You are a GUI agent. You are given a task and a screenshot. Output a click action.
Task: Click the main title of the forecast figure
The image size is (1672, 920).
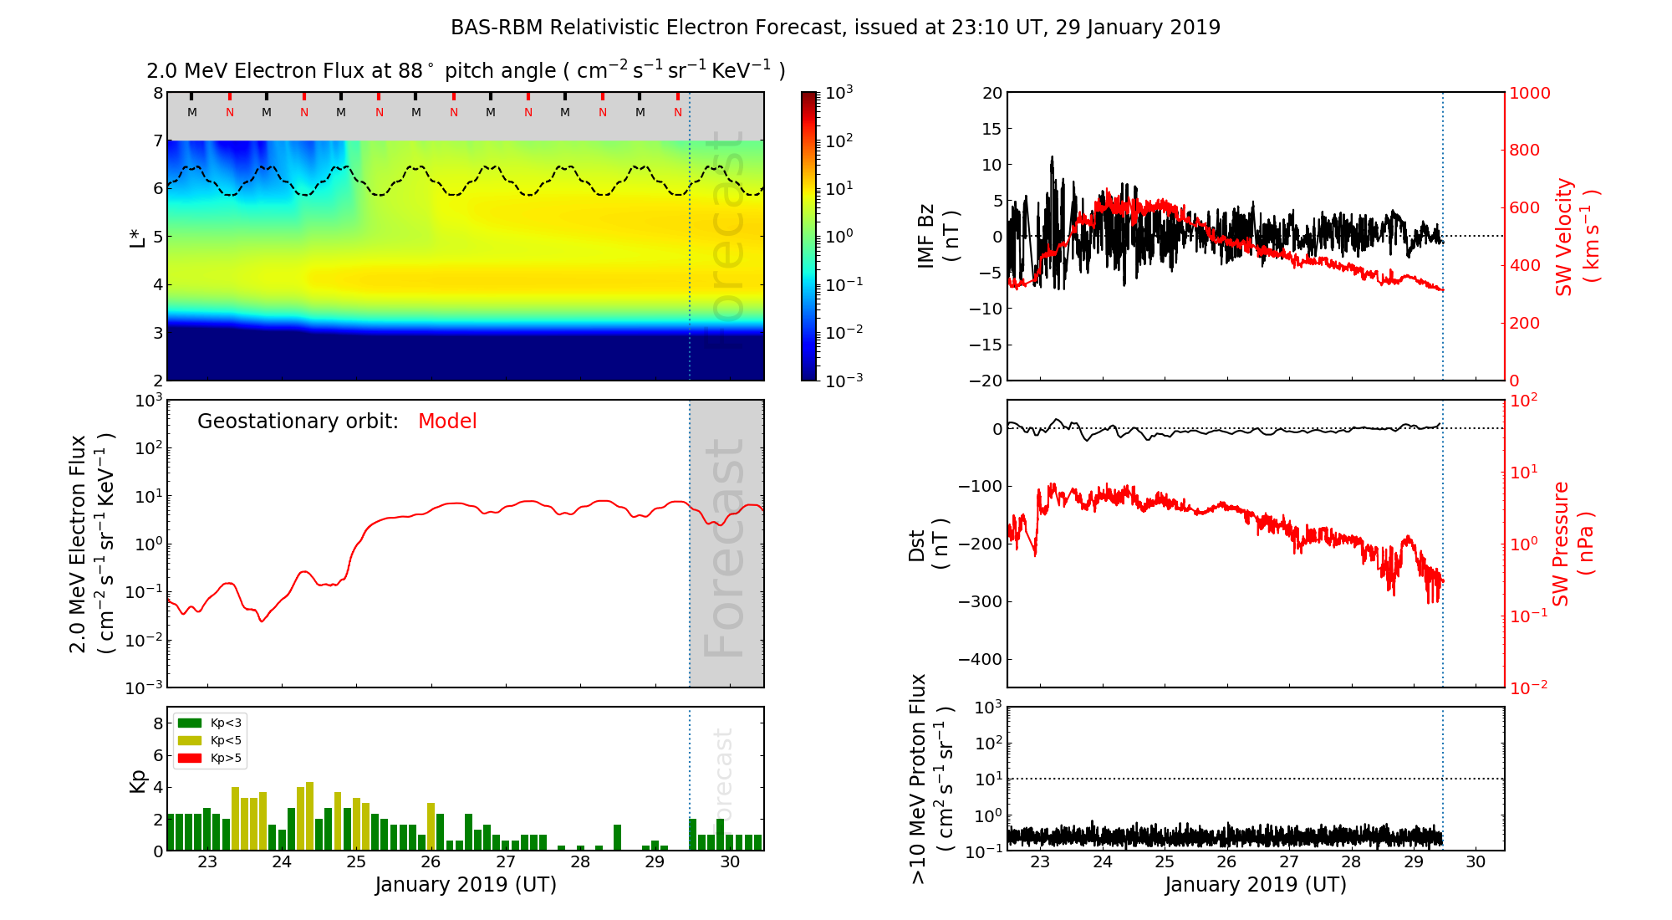coord(835,28)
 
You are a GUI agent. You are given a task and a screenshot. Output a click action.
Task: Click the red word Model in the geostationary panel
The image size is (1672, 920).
coord(447,422)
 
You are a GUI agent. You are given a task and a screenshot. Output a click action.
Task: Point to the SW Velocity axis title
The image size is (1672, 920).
coord(1576,237)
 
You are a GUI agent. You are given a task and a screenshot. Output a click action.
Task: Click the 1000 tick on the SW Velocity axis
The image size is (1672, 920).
coord(1529,93)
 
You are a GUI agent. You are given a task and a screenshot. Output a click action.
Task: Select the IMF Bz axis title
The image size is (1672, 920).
coord(937,237)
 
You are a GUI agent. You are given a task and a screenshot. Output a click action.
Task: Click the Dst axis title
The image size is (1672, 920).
coord(928,544)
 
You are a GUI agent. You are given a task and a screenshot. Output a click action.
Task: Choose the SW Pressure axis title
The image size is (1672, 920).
coord(1573,544)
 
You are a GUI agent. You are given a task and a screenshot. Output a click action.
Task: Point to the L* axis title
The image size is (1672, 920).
coord(138,237)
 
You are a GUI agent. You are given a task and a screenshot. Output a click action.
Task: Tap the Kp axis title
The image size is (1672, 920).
coord(138,780)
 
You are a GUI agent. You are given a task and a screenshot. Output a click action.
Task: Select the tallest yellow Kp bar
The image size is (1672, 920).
coord(310,816)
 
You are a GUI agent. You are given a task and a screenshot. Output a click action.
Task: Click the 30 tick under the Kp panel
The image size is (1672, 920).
coord(730,862)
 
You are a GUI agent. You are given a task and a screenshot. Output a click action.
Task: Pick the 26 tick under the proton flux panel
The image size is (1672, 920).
coord(1226,862)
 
